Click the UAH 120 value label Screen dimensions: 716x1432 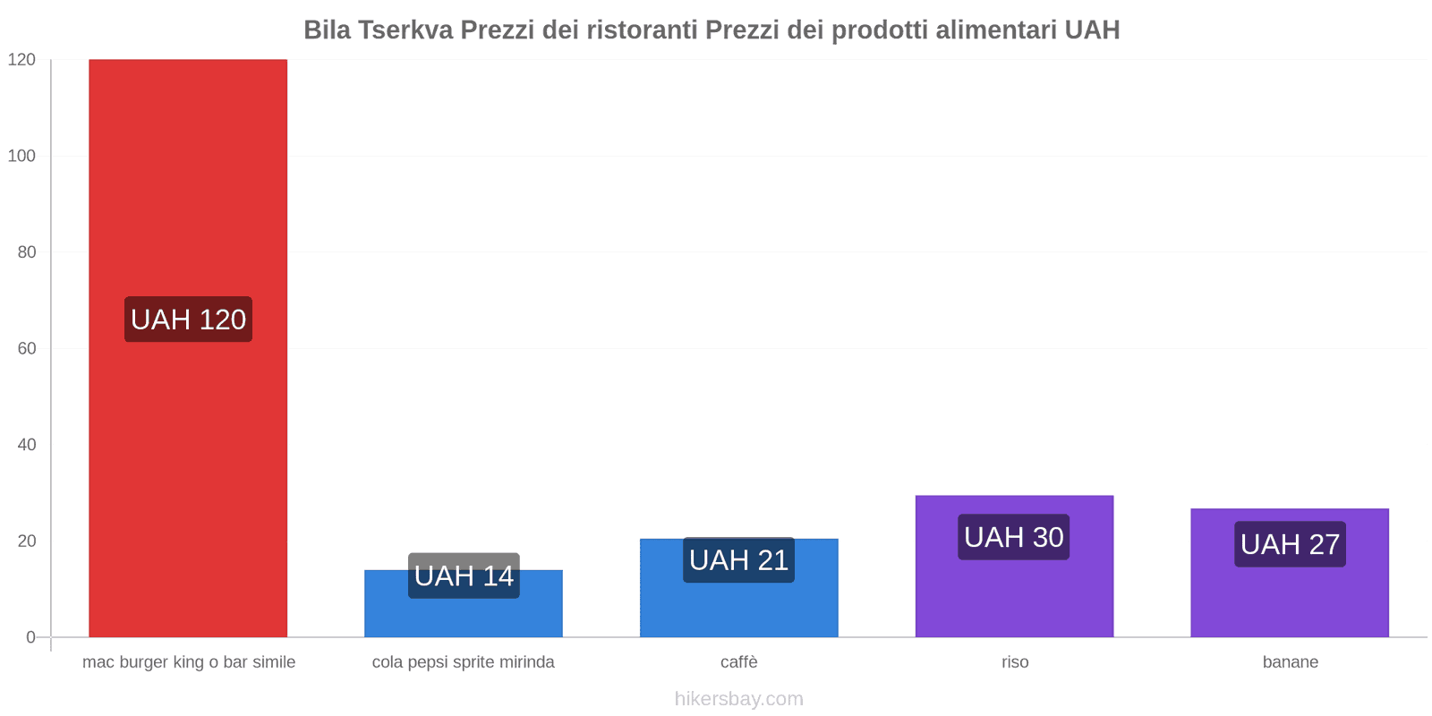[188, 320]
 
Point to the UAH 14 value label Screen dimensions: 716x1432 [464, 575]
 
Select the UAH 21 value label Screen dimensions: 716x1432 [738, 560]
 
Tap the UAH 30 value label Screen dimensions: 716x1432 [1013, 537]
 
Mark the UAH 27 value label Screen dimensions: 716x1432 [1290, 544]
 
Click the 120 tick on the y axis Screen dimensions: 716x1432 [21, 60]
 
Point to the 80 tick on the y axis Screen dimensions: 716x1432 [26, 252]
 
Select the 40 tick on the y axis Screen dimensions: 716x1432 [26, 445]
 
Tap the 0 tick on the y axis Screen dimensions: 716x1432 [30, 637]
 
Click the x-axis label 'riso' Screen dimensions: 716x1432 [1015, 662]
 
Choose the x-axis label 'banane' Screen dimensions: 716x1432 [1290, 662]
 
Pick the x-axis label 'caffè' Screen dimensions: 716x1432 [738, 662]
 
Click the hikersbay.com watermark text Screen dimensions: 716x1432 [738, 699]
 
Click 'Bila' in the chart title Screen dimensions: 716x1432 [327, 30]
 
